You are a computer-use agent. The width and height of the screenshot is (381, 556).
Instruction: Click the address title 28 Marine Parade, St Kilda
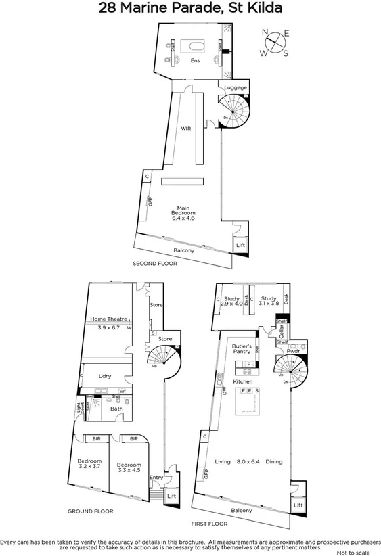tap(190, 9)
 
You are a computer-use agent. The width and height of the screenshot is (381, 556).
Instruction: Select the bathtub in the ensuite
tap(196, 47)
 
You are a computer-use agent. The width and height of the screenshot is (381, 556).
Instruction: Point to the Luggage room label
tap(236, 88)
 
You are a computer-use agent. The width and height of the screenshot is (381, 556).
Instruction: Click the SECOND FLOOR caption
tap(154, 264)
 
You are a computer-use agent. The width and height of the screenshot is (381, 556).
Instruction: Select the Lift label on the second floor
tap(240, 246)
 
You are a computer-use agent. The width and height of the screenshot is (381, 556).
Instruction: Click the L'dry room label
tap(104, 376)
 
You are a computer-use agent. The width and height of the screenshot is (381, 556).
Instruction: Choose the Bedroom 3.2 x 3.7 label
tap(89, 465)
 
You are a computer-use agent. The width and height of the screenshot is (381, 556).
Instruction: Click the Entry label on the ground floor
tap(156, 478)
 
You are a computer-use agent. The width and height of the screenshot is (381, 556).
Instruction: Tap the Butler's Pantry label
tap(242, 348)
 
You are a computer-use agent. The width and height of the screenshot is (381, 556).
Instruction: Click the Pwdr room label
tap(292, 352)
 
